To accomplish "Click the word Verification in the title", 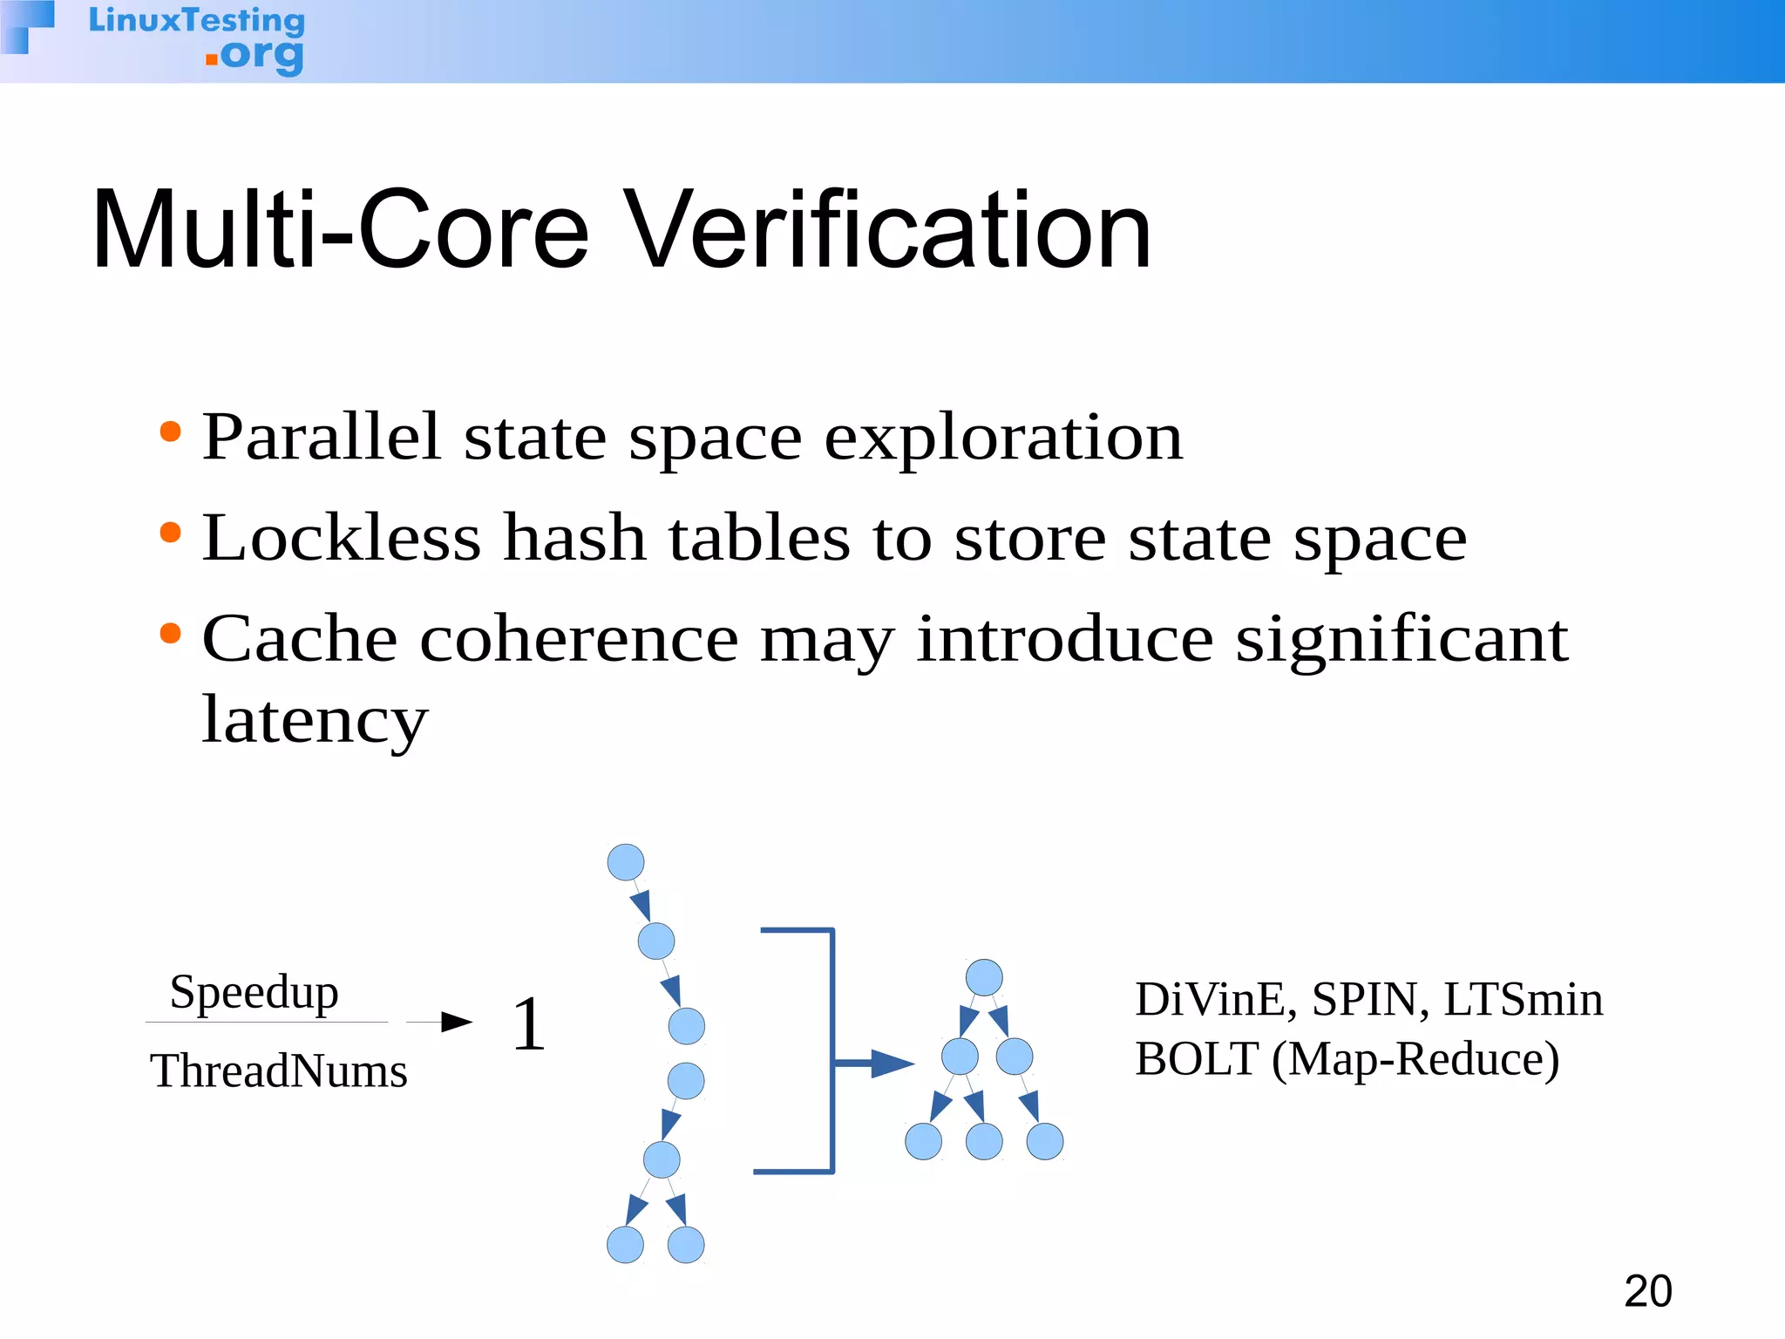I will pyautogui.click(x=889, y=231).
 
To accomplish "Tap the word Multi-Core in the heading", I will pyautogui.click(x=340, y=231).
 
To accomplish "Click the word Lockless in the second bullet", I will pyautogui.click(x=341, y=537).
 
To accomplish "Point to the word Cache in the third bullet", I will pyautogui.click(x=300, y=638).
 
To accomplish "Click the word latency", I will pyautogui.click(x=315, y=720).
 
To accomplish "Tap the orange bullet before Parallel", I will pyautogui.click(x=171, y=432).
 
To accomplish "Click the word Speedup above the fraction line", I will pyautogui.click(x=254, y=992).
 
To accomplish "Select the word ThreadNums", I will pyautogui.click(x=278, y=1071).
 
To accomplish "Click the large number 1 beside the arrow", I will pyautogui.click(x=528, y=1024).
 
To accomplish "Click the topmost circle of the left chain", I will pyautogui.click(x=626, y=862).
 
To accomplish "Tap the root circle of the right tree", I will pyautogui.click(x=984, y=977).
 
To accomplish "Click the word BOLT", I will pyautogui.click(x=1196, y=1059).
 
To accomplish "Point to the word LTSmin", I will pyautogui.click(x=1523, y=999).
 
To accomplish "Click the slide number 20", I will pyautogui.click(x=1647, y=1291).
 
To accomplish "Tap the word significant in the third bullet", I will pyautogui.click(x=1402, y=638).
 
